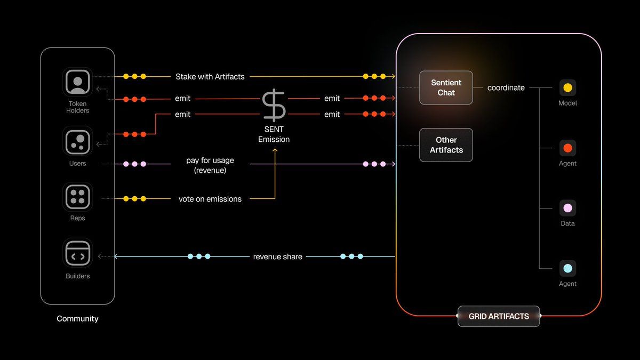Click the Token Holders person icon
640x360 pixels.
pos(78,82)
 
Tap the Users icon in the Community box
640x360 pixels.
pos(78,141)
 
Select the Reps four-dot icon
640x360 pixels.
pos(78,197)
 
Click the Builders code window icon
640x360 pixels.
pos(78,253)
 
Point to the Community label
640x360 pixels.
pos(77,318)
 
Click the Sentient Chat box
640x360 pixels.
pos(446,87)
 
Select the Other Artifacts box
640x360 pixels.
pos(446,145)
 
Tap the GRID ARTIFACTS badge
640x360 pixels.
pos(499,316)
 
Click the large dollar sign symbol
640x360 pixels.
pos(274,106)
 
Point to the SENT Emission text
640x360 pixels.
pos(274,134)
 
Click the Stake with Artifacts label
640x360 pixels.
pos(210,77)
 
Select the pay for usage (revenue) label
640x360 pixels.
pos(210,165)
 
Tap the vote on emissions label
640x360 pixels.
pos(210,199)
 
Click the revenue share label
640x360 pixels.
pos(277,257)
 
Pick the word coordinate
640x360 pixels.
pos(506,87)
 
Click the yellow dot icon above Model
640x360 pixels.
pos(567,87)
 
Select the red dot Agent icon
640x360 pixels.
pos(567,148)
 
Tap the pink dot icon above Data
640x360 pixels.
pos(567,208)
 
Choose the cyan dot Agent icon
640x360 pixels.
pos(567,268)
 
